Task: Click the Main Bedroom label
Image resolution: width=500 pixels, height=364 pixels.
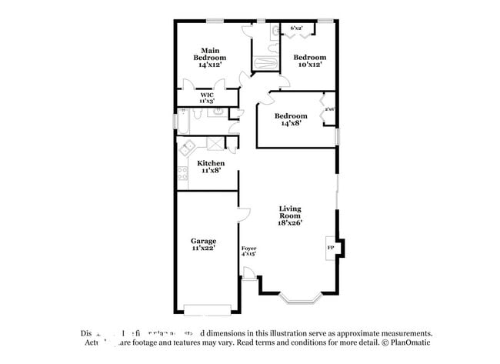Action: point(209,55)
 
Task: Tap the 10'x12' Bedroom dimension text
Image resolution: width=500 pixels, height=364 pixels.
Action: point(310,65)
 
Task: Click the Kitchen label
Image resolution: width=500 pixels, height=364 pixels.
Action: point(211,163)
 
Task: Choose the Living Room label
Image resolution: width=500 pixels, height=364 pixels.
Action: point(290,209)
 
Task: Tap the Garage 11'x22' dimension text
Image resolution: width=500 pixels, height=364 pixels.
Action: point(203,249)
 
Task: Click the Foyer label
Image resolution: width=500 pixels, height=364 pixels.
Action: point(248,249)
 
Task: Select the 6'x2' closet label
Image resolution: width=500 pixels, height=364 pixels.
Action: point(296,28)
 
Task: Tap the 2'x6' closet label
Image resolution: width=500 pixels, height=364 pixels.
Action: point(328,109)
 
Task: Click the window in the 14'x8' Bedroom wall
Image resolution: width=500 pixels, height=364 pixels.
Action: point(337,135)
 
